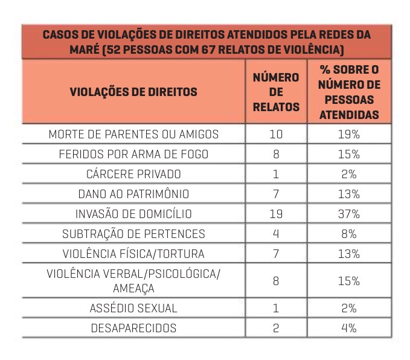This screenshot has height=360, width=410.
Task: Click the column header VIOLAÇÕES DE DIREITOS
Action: click(x=133, y=92)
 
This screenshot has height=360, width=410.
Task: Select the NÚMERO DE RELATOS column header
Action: click(x=276, y=92)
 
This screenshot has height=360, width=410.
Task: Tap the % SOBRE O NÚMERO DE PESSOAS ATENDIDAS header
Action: click(x=349, y=92)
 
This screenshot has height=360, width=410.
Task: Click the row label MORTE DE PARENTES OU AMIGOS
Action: click(x=133, y=134)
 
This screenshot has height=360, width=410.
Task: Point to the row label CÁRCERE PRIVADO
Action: click(x=133, y=174)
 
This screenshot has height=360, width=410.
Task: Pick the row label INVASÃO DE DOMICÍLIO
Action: click(x=133, y=214)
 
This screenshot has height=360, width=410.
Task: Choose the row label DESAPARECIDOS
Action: click(x=133, y=328)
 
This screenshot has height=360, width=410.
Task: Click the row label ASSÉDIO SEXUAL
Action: click(x=133, y=308)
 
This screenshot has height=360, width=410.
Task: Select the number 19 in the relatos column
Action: click(x=276, y=214)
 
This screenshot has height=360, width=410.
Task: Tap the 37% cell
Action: click(x=349, y=214)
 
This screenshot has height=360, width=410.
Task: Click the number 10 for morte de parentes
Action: click(x=276, y=134)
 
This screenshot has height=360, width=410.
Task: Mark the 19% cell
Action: click(x=349, y=134)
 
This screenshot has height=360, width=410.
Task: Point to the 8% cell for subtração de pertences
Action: click(x=349, y=234)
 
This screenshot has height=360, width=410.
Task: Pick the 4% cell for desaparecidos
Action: click(x=349, y=328)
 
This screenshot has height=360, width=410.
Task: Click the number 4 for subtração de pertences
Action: click(x=276, y=234)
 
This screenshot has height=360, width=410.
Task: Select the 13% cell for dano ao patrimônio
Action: click(x=349, y=194)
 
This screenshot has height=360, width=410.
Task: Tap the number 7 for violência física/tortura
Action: click(x=276, y=254)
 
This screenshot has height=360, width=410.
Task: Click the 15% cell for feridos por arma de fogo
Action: click(x=349, y=154)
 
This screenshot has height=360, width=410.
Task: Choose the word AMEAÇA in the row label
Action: click(x=133, y=289)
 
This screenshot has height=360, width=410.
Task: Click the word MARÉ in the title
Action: click(x=84, y=49)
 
